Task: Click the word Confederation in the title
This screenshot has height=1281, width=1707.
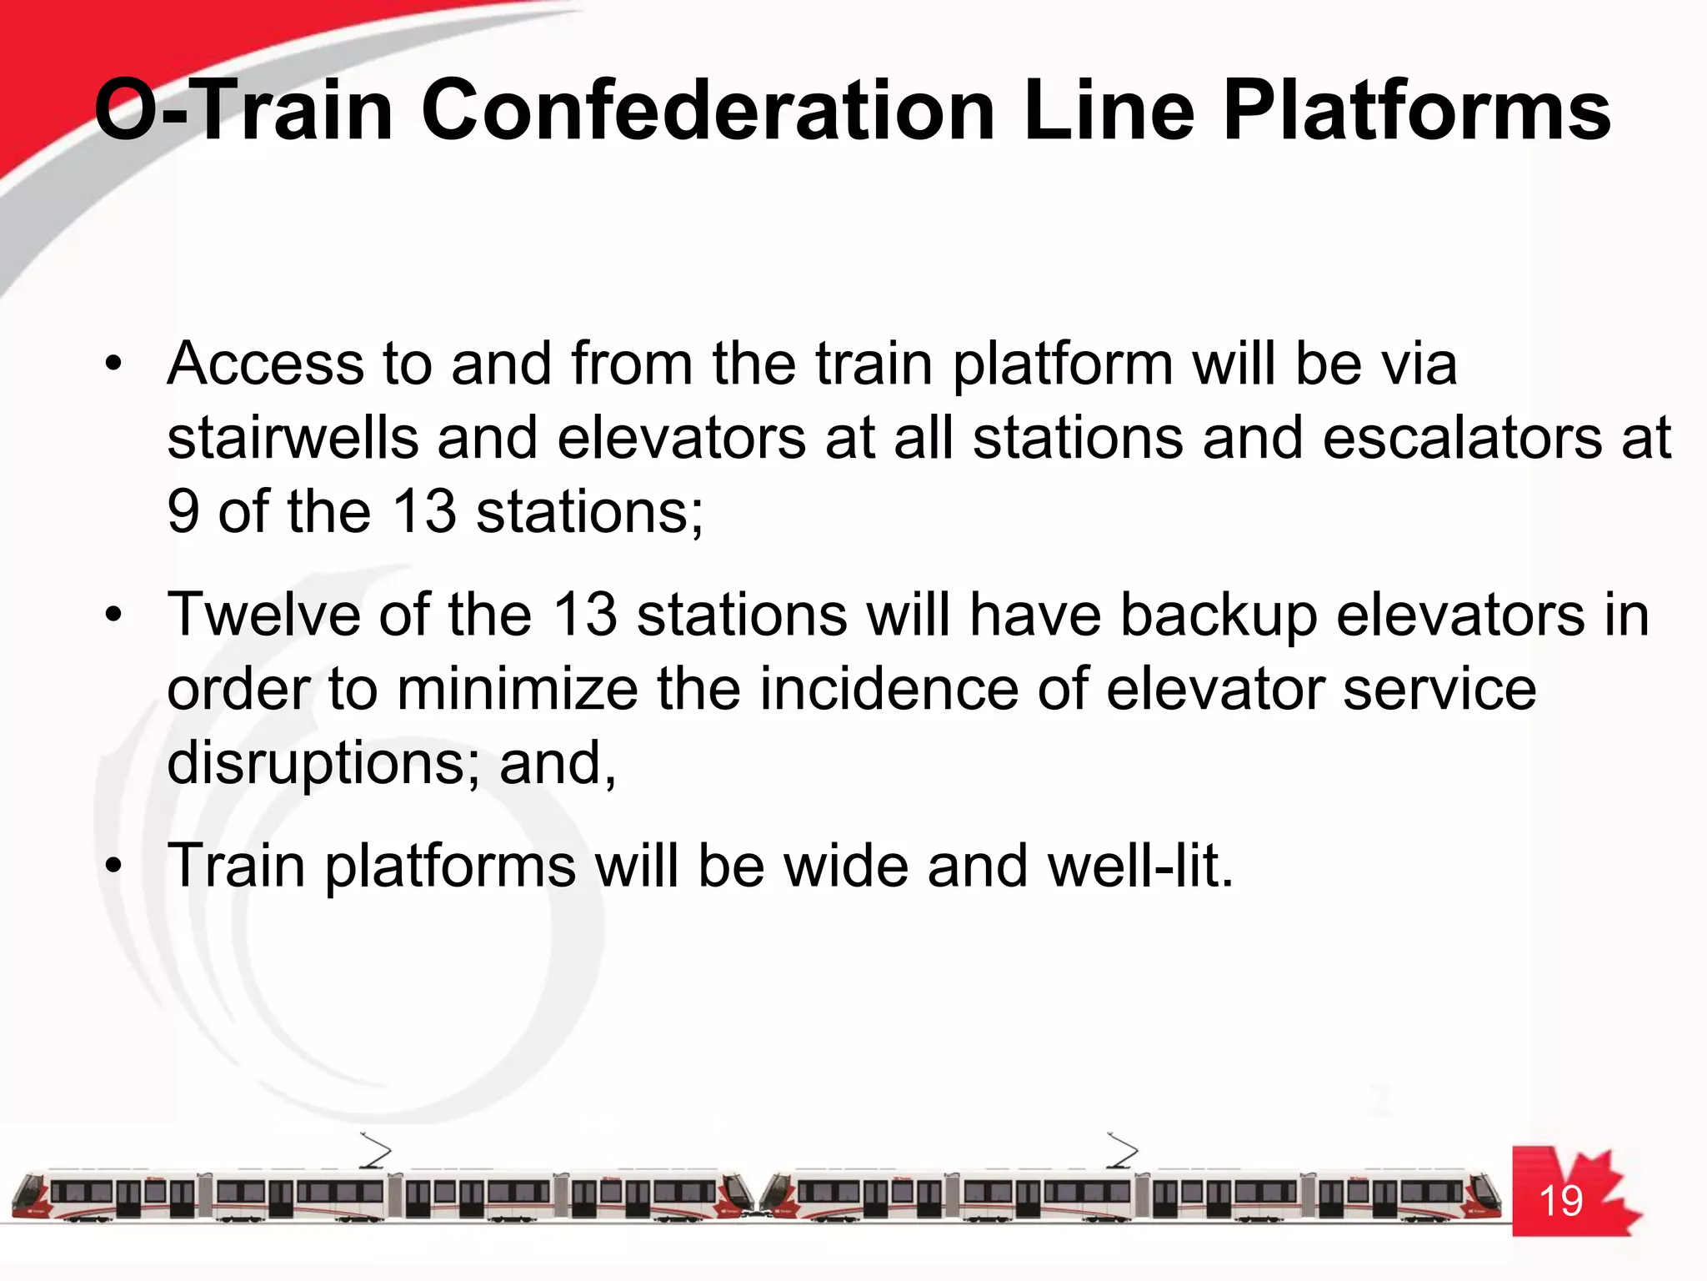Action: point(708,111)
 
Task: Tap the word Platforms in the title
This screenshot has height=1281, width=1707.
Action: point(1416,111)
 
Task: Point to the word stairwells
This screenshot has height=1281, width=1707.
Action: point(293,438)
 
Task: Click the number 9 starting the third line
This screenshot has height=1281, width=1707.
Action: point(183,511)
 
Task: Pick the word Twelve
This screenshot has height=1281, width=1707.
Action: point(264,615)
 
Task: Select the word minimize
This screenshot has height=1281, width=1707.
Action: point(517,689)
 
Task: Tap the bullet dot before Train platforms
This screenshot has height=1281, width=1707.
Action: point(113,866)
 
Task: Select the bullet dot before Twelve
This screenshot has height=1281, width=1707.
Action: point(113,615)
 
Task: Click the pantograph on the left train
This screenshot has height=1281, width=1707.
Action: point(375,1151)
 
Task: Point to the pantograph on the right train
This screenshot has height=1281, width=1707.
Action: point(1122,1151)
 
